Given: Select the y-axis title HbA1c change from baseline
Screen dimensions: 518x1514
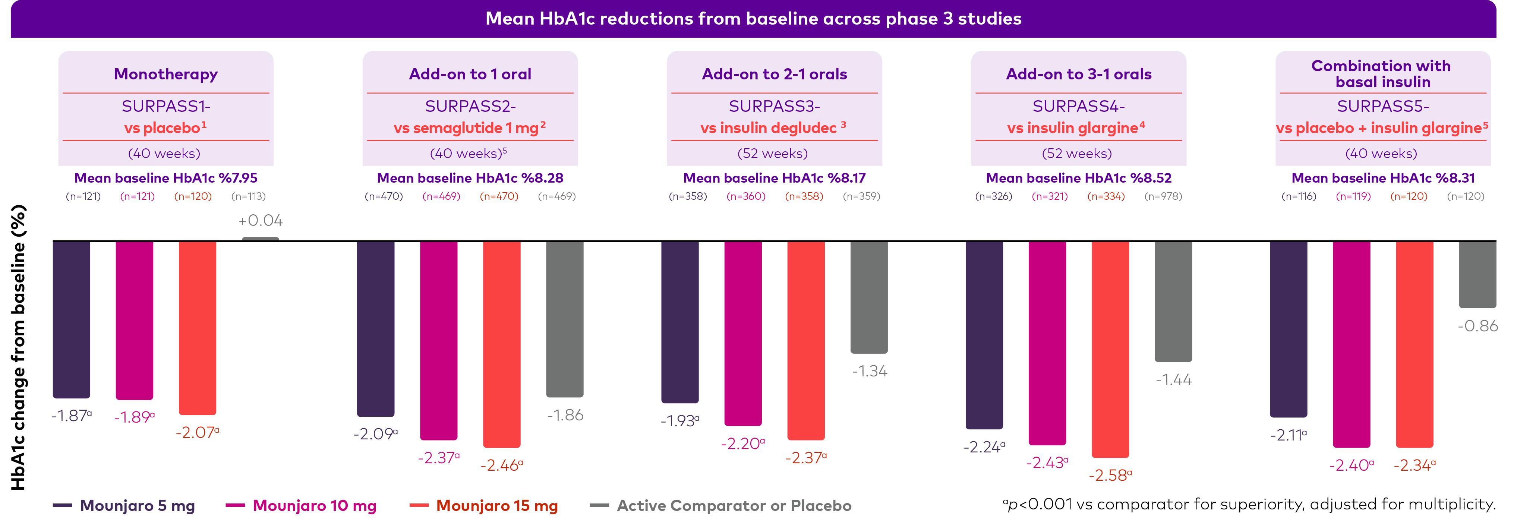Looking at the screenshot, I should pos(19,347).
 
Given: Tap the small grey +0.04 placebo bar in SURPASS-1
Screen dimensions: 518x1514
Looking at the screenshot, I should pos(261,239).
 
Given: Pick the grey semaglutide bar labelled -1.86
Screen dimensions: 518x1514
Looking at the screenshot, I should pos(564,318).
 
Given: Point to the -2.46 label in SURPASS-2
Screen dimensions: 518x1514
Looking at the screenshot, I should pos(501,466).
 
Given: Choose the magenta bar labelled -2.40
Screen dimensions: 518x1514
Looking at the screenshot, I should pos(1351,344).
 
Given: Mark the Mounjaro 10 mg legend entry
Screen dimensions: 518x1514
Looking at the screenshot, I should pos(301,506).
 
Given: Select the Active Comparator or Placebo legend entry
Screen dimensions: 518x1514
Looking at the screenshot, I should pos(720,506).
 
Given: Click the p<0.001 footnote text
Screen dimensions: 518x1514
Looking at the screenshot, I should pos(1249,505).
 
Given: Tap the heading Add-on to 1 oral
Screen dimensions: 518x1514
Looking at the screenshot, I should pos(470,74).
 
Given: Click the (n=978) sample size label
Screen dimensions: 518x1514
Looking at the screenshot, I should pos(1163,196).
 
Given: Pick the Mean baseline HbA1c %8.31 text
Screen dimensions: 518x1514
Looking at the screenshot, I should pos(1382,177).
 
